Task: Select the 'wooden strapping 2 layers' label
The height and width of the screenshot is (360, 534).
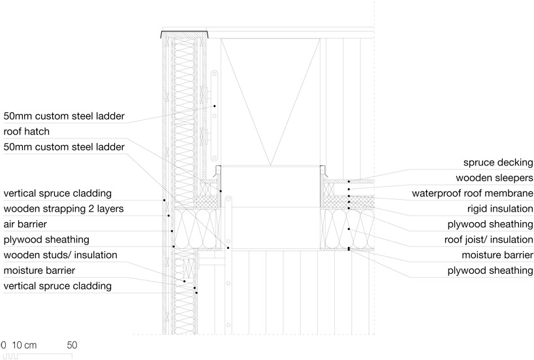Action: (x=63, y=209)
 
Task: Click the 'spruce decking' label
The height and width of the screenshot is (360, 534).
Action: (x=498, y=163)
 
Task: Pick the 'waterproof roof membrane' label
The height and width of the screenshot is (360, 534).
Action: (x=473, y=193)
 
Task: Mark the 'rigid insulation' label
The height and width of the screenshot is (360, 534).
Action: (x=499, y=209)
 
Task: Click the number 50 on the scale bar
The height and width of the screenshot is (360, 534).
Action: (x=72, y=344)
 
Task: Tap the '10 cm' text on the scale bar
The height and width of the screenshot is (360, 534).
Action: (x=25, y=344)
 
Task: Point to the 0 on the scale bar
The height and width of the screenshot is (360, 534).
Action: (x=3, y=344)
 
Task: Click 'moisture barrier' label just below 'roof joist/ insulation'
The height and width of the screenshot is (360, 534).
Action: (x=497, y=255)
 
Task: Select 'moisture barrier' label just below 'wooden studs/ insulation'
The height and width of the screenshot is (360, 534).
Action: (x=39, y=270)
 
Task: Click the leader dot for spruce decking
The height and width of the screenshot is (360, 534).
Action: (x=349, y=181)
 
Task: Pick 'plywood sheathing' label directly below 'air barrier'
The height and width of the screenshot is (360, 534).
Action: (x=46, y=240)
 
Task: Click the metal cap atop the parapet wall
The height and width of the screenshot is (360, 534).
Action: (x=185, y=33)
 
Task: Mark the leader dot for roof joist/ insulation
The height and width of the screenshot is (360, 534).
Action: (x=349, y=229)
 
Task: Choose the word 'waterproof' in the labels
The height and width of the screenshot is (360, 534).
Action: (x=437, y=193)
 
